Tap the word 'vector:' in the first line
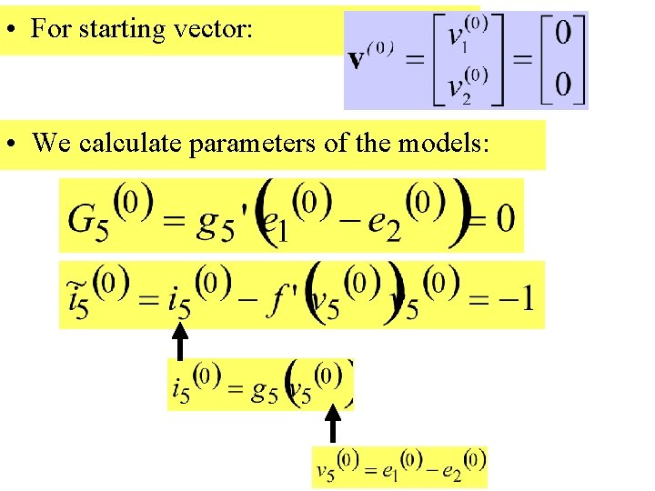[x=218, y=29]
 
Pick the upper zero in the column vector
[x=563, y=35]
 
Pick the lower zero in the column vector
[x=563, y=85]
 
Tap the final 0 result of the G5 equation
[x=506, y=217]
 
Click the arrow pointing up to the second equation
[x=181, y=341]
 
